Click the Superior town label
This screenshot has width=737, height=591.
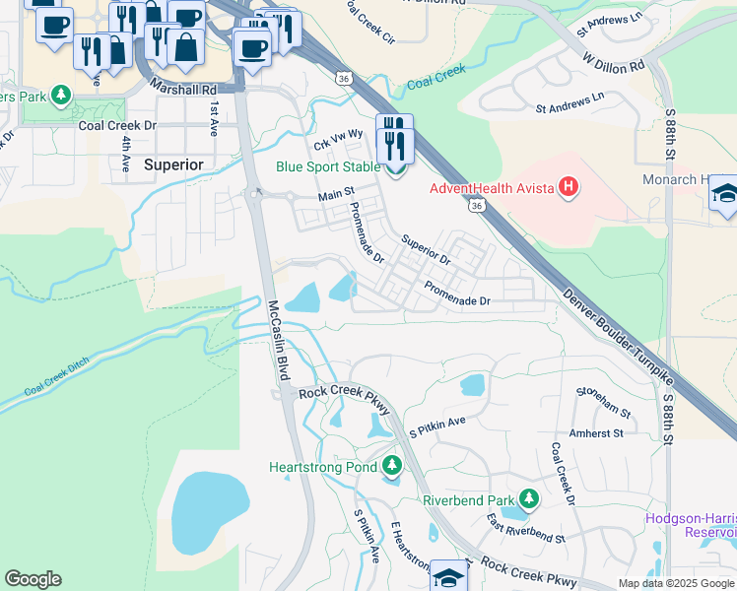click(173, 164)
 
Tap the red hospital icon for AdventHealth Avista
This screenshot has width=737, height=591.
click(568, 187)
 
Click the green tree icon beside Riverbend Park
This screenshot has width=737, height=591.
click(528, 499)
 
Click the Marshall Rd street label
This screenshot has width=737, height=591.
click(184, 89)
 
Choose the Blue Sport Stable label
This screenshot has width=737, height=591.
click(314, 167)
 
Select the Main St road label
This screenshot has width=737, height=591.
click(336, 196)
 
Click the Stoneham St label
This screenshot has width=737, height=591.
click(602, 398)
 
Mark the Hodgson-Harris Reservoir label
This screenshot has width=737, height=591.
click(690, 525)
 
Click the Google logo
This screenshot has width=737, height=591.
click(33, 579)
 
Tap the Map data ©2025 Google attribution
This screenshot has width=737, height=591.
click(675, 583)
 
